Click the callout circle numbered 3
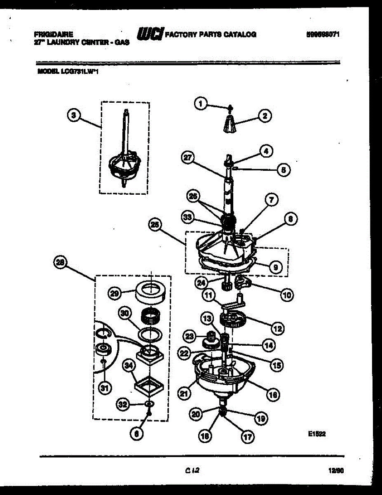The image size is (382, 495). coord(73,116)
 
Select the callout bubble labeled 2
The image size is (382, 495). coord(265,116)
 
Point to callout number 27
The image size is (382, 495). coord(187,157)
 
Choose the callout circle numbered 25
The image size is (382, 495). coord(155,225)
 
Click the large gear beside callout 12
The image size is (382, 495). coord(233,320)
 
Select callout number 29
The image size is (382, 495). coord(114,293)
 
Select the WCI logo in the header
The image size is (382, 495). coord(150,35)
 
